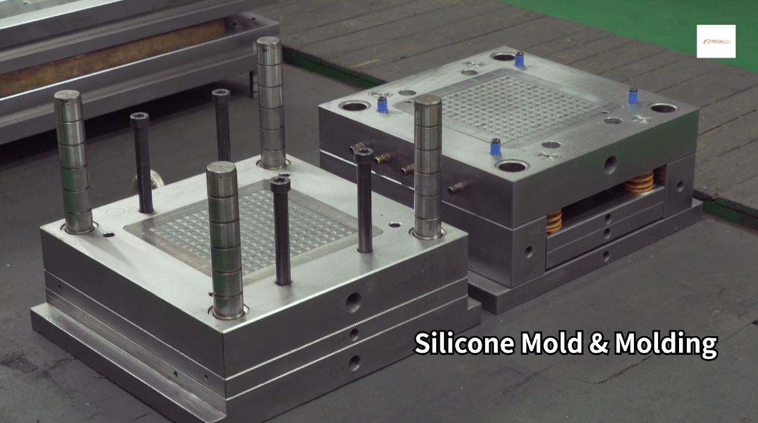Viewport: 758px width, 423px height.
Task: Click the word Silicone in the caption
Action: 464,343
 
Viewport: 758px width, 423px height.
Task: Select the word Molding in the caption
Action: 666,345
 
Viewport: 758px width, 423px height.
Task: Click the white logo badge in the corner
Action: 716,41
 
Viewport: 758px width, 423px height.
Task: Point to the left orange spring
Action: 554,221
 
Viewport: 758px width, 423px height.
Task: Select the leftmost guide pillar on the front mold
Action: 72,162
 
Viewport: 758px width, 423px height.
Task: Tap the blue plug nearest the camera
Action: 496,147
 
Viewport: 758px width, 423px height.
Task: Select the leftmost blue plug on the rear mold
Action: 381,104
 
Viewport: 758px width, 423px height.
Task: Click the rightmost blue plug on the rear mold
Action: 633,95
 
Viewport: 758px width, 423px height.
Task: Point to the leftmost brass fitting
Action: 357,148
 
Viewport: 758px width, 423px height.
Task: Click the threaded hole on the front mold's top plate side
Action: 353,302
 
